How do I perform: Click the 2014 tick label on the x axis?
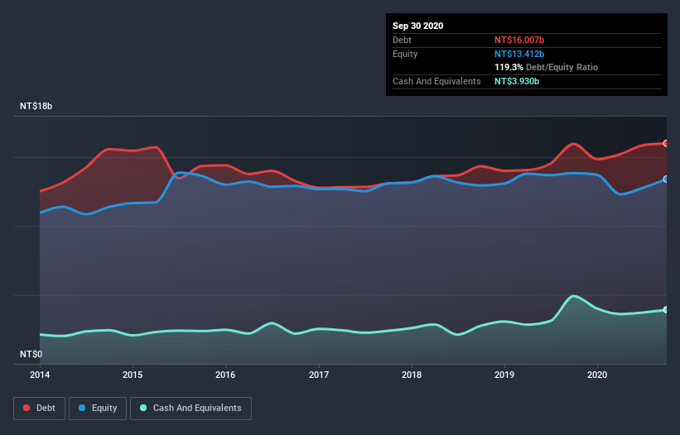(x=40, y=374)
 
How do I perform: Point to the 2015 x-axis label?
(x=133, y=374)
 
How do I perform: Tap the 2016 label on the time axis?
(x=225, y=374)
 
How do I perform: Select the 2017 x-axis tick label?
(x=318, y=374)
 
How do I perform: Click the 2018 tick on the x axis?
(x=412, y=374)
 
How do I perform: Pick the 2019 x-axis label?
(x=504, y=374)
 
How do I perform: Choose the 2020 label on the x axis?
(x=597, y=374)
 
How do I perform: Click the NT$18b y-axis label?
(x=37, y=107)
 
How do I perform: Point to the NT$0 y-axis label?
(x=31, y=354)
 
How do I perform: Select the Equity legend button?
(x=99, y=408)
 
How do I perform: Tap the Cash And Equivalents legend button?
(x=190, y=408)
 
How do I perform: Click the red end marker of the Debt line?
(x=665, y=143)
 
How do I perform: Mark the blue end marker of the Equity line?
(x=665, y=179)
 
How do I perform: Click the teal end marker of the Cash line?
(x=665, y=310)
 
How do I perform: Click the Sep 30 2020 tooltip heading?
(x=418, y=26)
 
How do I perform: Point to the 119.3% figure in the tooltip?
(x=509, y=67)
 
